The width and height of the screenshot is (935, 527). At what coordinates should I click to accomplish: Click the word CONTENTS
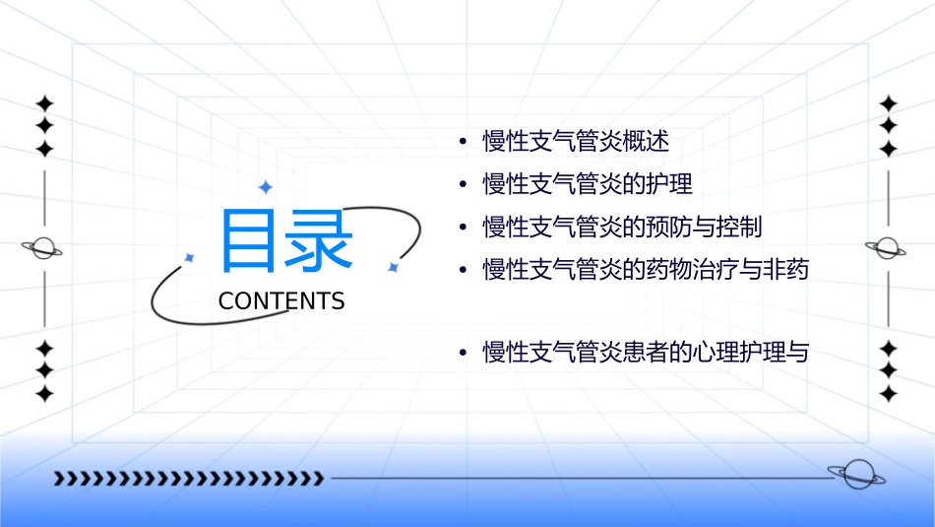[281, 301]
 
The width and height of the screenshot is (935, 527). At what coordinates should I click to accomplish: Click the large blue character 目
[251, 240]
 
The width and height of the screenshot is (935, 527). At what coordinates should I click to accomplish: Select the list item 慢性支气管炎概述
[576, 142]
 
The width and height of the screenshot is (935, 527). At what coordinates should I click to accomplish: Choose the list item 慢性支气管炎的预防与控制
[622, 227]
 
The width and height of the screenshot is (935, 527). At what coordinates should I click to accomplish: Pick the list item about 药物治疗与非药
[645, 269]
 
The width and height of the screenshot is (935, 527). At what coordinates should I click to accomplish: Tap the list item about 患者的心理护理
[645, 352]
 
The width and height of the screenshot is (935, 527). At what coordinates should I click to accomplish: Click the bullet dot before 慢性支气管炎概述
[463, 143]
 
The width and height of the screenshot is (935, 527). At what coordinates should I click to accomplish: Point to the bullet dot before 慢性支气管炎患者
[463, 353]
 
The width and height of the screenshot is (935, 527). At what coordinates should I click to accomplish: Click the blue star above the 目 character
[265, 187]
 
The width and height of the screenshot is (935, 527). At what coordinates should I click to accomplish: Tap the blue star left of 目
[190, 257]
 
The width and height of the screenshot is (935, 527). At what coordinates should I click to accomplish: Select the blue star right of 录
[392, 267]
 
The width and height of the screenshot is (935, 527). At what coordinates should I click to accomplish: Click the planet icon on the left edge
[43, 248]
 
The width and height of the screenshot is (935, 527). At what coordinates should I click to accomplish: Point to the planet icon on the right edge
[887, 248]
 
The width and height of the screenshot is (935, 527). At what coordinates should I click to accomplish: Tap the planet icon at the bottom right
[856, 475]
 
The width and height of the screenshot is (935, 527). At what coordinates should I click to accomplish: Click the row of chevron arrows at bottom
[188, 479]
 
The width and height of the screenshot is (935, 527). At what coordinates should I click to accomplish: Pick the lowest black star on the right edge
[888, 394]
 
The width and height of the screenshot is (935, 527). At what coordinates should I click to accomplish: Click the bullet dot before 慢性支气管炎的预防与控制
[463, 228]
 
